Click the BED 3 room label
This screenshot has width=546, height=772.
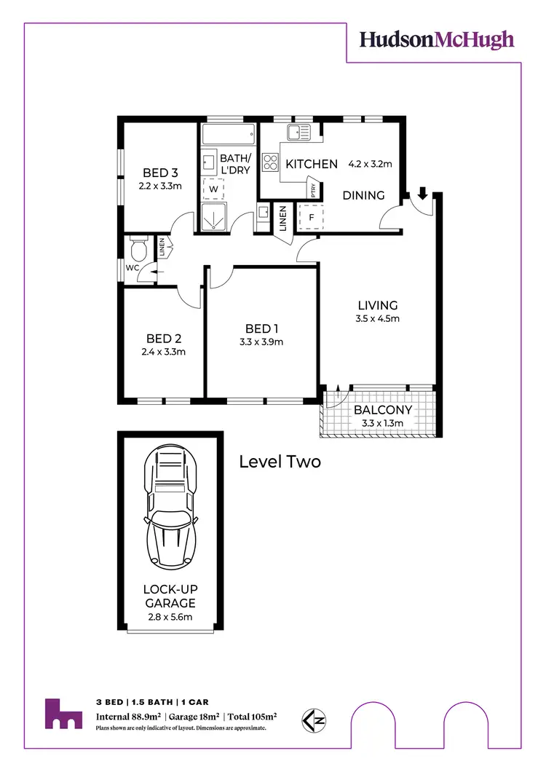coord(160,173)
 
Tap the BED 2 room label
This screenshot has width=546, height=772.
coord(164,338)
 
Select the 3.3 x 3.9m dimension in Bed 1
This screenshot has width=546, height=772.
coord(261,342)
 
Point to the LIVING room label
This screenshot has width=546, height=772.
coord(377,305)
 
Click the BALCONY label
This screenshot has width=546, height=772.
coord(383,409)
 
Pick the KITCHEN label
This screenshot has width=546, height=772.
coord(312,165)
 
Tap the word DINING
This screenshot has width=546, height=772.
coord(363,195)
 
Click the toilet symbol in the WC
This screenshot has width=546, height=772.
coord(137,249)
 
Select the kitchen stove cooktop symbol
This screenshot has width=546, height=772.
coord(271,161)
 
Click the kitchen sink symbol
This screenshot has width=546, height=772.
coord(298,133)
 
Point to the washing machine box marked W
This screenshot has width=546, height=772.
coord(214,189)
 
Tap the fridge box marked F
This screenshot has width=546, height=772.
coord(311,216)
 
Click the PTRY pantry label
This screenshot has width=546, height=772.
coord(313,189)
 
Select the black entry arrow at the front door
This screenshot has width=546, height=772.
coord(422,194)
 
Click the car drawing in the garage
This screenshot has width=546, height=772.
coord(172,508)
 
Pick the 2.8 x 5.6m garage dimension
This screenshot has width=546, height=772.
coord(169,618)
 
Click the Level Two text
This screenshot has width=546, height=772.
coord(280,462)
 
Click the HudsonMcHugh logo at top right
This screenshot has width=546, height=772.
coord(437,40)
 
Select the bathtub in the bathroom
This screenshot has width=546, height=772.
coord(228,135)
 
